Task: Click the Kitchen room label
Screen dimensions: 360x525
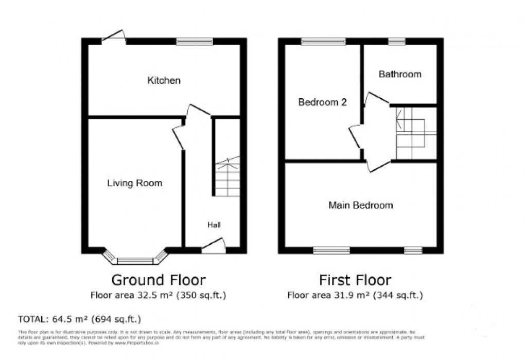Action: coord(164,81)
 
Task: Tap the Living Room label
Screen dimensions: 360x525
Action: coord(134,183)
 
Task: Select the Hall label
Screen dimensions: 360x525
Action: coord(214,225)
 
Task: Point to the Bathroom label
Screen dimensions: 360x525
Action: coord(400,75)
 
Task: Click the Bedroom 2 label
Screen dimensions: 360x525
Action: coord(322,102)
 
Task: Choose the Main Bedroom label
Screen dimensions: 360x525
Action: coord(361,205)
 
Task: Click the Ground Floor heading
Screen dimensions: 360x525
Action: coord(159,280)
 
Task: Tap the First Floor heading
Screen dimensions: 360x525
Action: coord(355,280)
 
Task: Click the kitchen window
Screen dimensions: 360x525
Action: coord(195,42)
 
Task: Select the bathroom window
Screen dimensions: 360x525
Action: coord(396,42)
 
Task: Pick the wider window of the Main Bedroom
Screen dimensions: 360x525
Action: coord(331,250)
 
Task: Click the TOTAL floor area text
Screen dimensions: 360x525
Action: coord(79,318)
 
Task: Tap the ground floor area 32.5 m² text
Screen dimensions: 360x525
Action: coord(159,295)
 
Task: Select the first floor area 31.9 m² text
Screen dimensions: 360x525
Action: coord(355,295)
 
